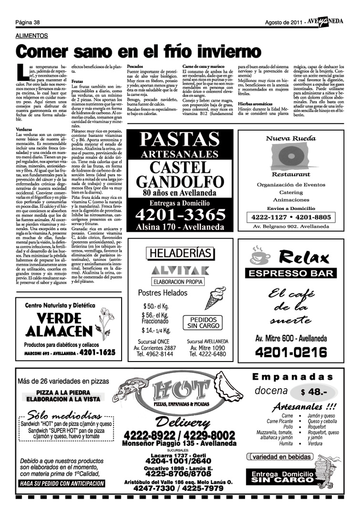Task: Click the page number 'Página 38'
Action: tap(27, 22)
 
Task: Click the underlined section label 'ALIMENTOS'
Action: tap(31, 36)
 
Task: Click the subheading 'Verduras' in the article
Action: tap(24, 129)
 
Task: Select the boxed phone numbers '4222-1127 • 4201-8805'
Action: tap(290, 217)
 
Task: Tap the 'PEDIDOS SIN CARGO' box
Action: tap(203, 323)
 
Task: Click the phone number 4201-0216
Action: tap(291, 353)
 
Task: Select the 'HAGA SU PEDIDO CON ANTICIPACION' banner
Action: tap(62, 483)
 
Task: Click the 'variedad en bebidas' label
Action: tap(282, 457)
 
